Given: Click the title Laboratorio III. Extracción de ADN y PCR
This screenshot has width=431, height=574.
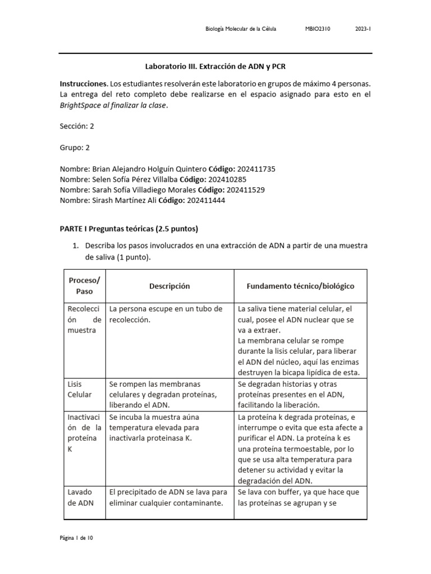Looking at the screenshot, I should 215,66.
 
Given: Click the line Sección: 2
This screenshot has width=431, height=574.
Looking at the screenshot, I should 77,126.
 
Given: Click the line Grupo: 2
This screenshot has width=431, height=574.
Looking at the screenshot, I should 75,147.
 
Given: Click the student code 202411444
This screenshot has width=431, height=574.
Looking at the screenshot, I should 206,201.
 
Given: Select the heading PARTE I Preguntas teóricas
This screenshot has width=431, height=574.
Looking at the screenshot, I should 129,229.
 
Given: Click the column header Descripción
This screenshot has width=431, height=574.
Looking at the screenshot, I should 169,286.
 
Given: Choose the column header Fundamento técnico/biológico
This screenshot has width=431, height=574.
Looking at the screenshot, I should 300,286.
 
